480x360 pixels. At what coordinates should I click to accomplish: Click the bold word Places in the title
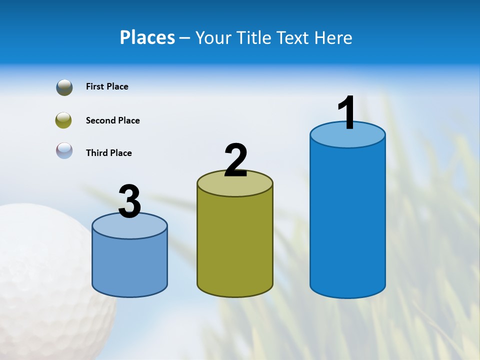click(147, 37)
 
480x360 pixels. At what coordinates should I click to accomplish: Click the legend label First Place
click(107, 86)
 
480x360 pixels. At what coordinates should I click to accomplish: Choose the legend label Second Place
click(112, 120)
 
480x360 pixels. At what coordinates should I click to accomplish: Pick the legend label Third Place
click(108, 153)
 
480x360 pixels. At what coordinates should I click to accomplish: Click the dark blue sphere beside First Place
click(64, 87)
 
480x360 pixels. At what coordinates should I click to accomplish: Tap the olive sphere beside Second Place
click(64, 120)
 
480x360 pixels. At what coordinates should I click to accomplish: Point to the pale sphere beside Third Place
click(64, 150)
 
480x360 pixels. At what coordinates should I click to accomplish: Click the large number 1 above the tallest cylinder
click(347, 113)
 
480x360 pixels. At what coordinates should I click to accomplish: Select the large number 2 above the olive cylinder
click(235, 160)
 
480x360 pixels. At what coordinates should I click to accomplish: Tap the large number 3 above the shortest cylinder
click(129, 202)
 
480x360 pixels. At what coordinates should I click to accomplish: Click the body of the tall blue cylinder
click(347, 220)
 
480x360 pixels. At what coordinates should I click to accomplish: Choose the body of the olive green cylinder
click(235, 245)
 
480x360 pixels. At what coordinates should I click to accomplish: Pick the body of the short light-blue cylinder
click(129, 265)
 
